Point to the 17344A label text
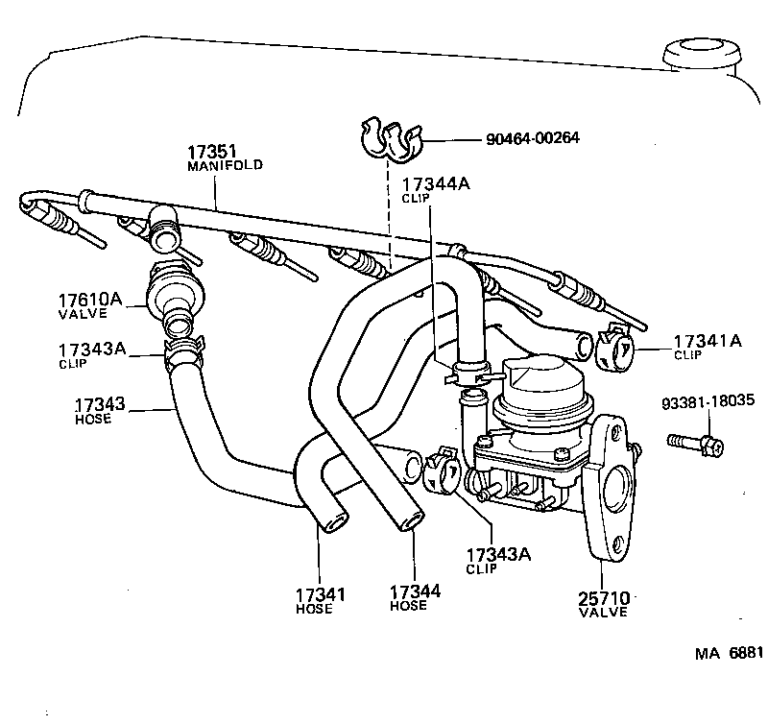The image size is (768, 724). (435, 184)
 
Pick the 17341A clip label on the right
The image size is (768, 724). (707, 341)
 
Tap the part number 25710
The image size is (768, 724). (603, 597)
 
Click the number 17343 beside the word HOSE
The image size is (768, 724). (100, 405)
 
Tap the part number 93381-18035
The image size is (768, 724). (707, 401)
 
